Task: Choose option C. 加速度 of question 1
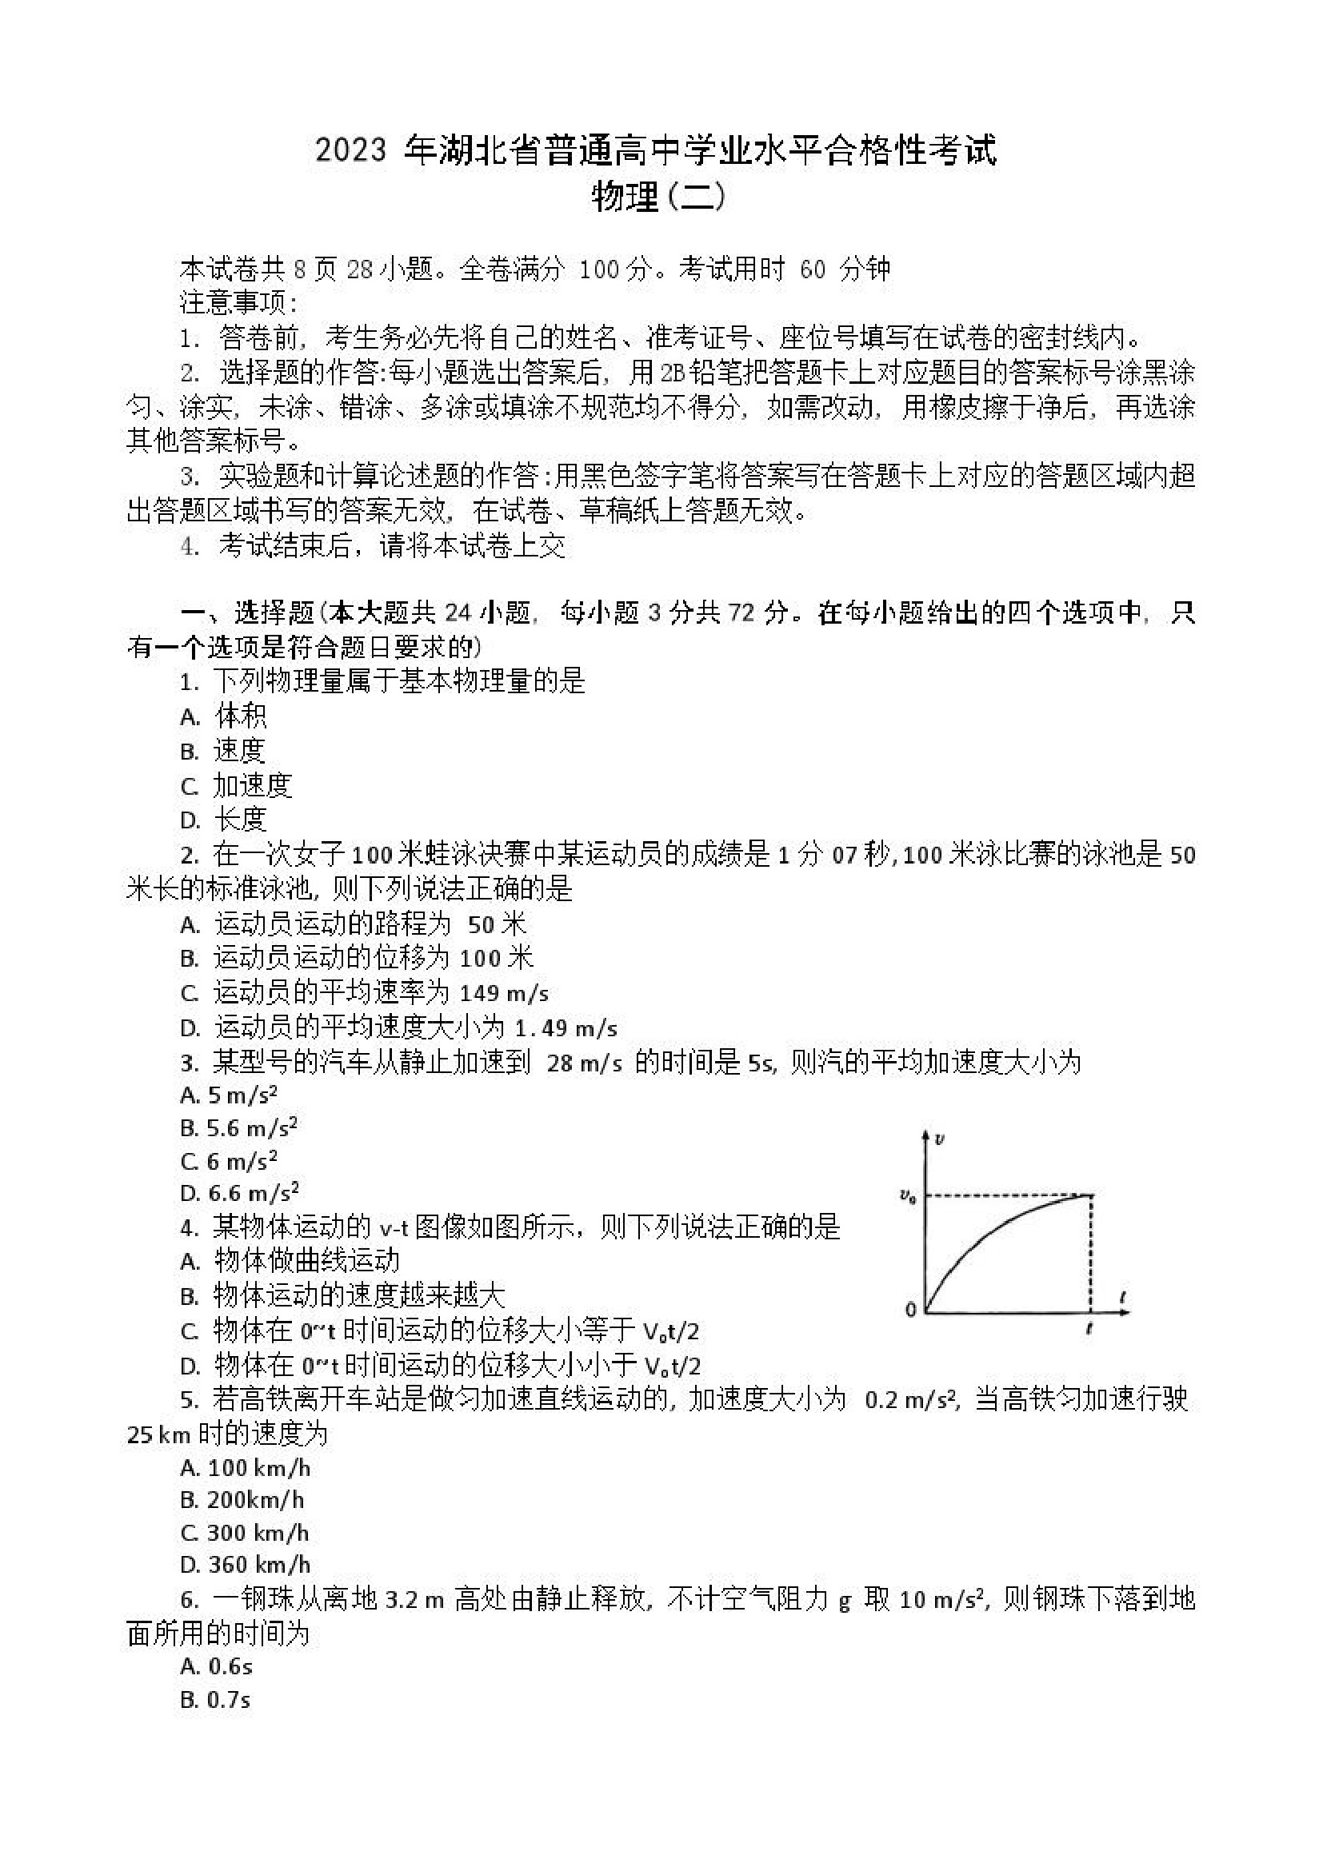[x=237, y=785]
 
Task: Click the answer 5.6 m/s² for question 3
[x=240, y=1128]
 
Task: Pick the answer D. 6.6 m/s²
[x=240, y=1193]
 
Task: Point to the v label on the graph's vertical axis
[x=940, y=1138]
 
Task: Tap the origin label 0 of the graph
[x=910, y=1310]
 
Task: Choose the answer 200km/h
[x=243, y=1499]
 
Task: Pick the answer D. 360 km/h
[x=246, y=1564]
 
